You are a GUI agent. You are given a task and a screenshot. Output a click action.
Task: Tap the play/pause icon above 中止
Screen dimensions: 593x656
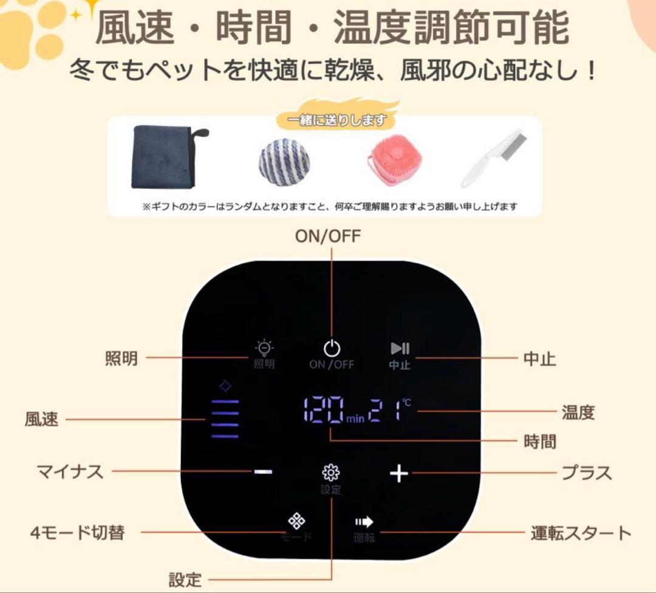pyautogui.click(x=400, y=348)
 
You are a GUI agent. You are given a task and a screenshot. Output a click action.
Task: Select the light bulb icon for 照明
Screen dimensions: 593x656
pyautogui.click(x=264, y=348)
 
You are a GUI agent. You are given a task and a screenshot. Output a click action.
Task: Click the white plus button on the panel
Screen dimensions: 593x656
pyautogui.click(x=398, y=473)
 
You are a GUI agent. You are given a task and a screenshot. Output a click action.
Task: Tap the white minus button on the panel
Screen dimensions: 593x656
pyautogui.click(x=263, y=472)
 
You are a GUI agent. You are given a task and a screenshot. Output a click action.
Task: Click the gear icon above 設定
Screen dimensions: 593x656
pyautogui.click(x=331, y=472)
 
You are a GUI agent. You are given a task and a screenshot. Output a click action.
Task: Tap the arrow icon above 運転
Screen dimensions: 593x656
pyautogui.click(x=364, y=521)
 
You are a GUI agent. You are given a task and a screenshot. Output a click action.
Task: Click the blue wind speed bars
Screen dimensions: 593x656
pyautogui.click(x=225, y=419)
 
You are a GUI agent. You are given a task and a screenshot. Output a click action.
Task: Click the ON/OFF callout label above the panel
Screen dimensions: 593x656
pyautogui.click(x=327, y=236)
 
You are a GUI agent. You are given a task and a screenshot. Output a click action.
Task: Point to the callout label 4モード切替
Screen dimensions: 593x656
pyautogui.click(x=77, y=533)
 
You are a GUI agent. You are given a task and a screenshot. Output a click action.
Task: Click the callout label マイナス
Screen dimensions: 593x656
pyautogui.click(x=70, y=472)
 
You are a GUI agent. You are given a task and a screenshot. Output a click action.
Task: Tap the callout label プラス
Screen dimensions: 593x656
pyautogui.click(x=586, y=473)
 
